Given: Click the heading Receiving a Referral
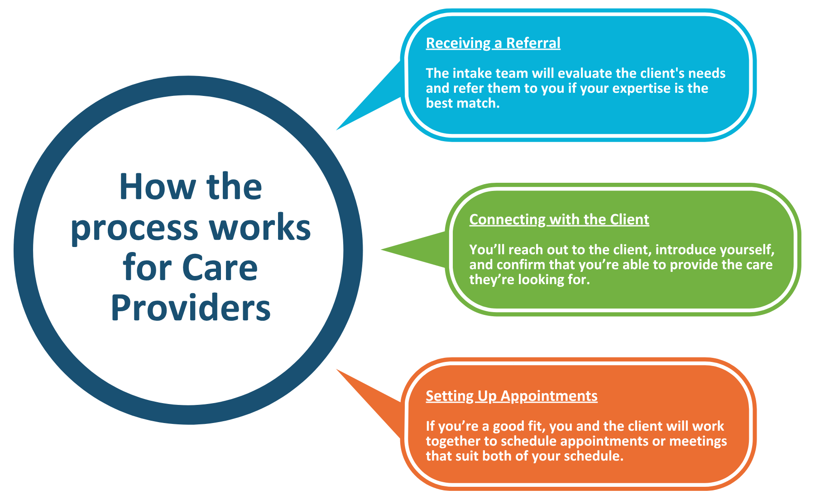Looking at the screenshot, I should pos(493,43).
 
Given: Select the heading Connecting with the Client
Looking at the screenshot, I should pos(559,219).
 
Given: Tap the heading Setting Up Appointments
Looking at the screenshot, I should pos(512,396).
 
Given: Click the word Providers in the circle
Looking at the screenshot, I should pos(191,308).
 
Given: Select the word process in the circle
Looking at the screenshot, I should pos(134,228).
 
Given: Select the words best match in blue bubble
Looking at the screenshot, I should pos(462,103).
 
